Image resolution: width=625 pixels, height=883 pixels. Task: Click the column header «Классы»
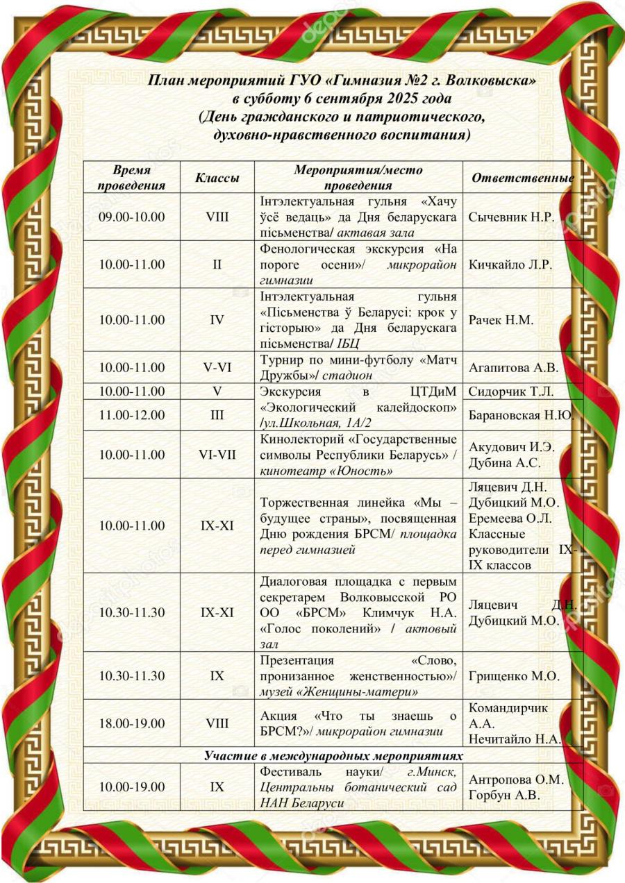217,178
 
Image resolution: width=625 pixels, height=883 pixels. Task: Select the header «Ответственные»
522,178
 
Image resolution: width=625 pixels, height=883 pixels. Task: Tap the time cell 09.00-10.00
132,217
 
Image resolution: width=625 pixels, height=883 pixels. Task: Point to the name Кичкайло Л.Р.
510,264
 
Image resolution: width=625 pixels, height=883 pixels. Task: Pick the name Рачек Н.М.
501,320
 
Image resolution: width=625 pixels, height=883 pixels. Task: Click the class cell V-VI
217,367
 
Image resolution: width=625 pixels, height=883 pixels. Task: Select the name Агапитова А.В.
513,367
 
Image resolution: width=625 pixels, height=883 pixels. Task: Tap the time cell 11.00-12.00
132,415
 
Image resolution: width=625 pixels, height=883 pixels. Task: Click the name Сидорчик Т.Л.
512,391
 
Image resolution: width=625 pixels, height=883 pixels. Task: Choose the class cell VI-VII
217,455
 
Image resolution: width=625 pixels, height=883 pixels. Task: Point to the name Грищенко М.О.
515,675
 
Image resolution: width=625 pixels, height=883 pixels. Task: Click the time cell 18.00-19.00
132,723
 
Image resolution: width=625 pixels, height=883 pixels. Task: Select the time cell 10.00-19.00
132,787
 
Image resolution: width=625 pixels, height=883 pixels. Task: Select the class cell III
217,415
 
